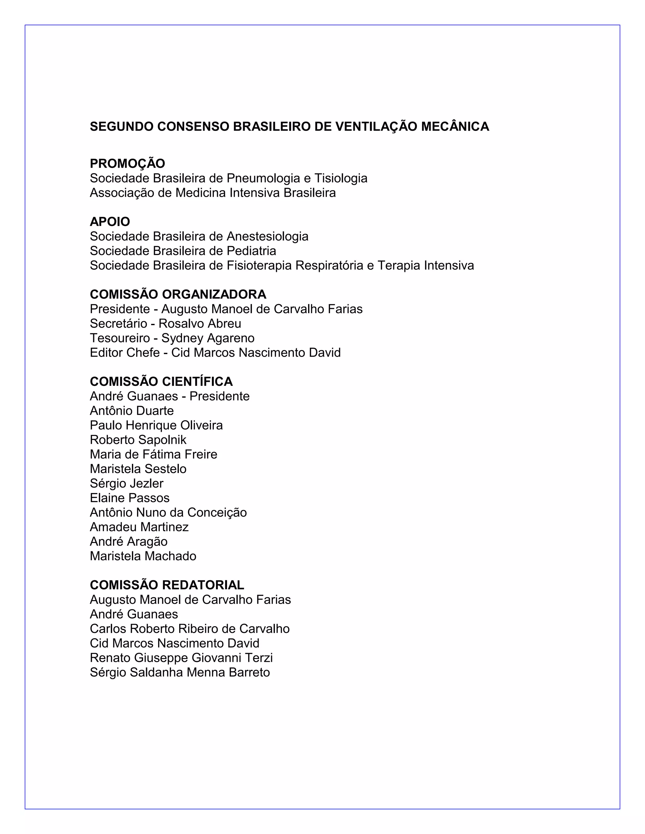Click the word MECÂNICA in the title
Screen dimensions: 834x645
coord(455,127)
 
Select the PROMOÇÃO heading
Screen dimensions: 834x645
coord(127,163)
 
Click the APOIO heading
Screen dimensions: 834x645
coord(110,222)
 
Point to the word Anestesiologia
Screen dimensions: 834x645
coord(267,236)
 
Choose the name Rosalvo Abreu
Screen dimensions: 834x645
coord(200,324)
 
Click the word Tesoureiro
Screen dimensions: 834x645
coord(120,338)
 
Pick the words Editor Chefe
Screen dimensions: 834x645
coord(125,352)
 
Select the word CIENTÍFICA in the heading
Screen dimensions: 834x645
coord(197,381)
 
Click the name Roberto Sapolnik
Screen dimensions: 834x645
coord(138,440)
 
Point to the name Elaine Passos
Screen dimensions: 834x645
coord(129,498)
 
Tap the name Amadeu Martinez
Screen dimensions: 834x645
coord(139,527)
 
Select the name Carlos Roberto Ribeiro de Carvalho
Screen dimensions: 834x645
coord(190,629)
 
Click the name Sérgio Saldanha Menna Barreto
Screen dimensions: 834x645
coord(180,673)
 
